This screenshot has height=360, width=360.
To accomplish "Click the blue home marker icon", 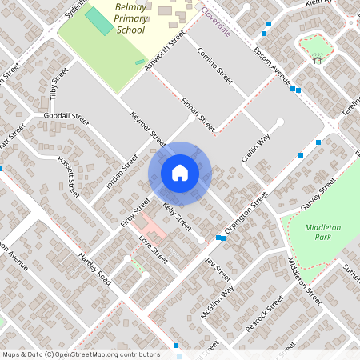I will [180, 172].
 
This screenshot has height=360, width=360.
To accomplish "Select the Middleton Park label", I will [322, 233].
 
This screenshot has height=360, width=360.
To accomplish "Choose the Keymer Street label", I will [147, 128].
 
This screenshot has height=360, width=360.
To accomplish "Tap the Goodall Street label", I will [66, 117].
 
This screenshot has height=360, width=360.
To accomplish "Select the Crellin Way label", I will [256, 147].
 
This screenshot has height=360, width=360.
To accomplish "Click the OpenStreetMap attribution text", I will [81, 354].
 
